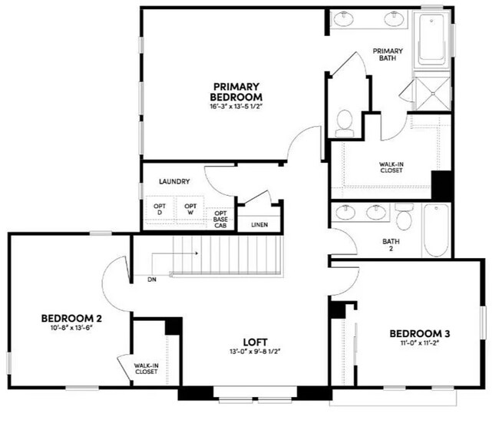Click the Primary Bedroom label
tap(236, 92)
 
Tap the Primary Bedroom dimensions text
tap(236, 107)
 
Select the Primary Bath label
tap(388, 55)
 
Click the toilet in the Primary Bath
tap(345, 121)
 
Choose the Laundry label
tap(174, 182)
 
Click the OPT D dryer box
tap(160, 208)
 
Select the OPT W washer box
tap(189, 208)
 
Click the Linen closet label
tap(259, 226)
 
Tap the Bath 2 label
tap(392, 245)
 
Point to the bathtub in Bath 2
tap(436, 230)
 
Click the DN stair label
tap(152, 280)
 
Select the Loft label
tap(256, 342)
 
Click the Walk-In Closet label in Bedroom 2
tap(146, 369)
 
